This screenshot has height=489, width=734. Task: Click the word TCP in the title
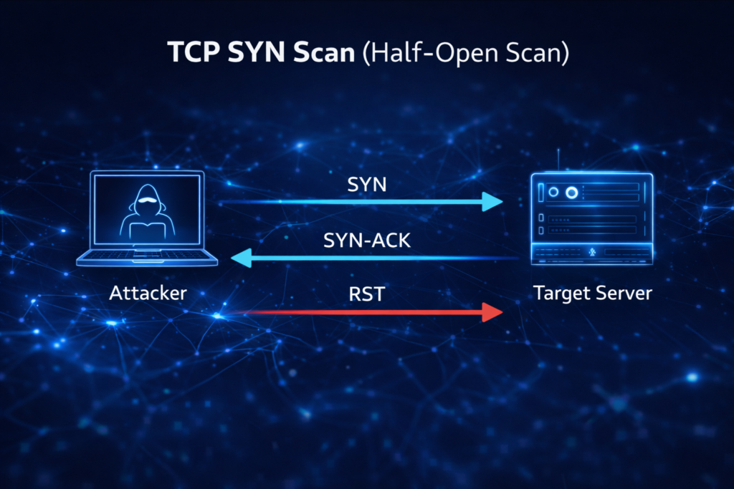(190, 54)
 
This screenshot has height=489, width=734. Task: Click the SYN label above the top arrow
(366, 185)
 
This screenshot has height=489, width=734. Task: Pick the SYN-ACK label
(367, 241)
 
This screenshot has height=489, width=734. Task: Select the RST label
(366, 294)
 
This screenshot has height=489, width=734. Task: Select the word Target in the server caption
(558, 293)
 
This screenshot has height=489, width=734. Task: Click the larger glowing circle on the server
(571, 193)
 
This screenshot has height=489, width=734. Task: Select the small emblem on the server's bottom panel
(592, 252)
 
